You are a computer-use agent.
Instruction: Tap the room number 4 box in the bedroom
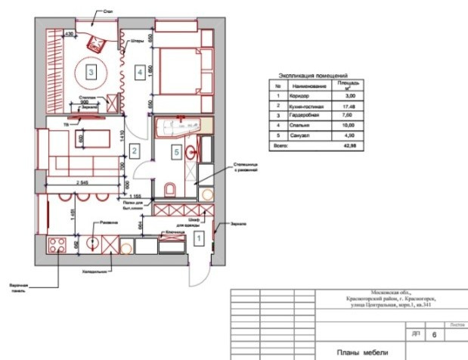click(x=139, y=73)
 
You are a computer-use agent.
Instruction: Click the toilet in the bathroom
click(x=169, y=189)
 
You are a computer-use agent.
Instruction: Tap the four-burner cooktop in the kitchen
click(x=55, y=245)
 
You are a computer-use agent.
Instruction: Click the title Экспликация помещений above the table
click(x=313, y=76)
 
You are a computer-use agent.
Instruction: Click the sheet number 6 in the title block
click(x=433, y=332)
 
